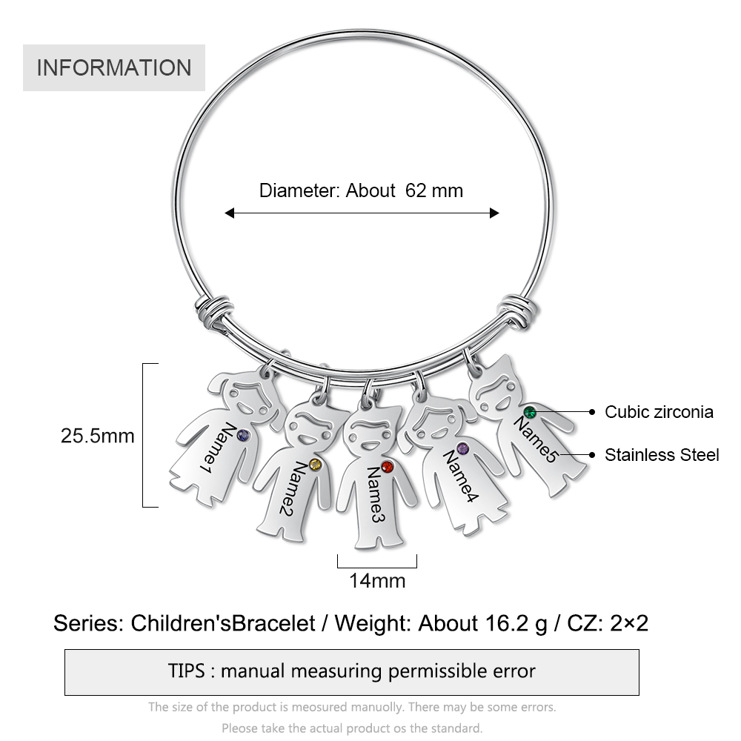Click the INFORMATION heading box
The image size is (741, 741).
tap(114, 67)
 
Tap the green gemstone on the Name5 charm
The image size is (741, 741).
tap(530, 411)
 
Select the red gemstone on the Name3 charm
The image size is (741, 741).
tap(387, 467)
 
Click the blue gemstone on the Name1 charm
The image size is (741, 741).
tap(243, 435)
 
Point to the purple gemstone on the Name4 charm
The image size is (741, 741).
tap(462, 448)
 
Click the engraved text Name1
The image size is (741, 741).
tap(216, 448)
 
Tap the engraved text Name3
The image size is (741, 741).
tap(375, 494)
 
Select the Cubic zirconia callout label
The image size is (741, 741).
tap(659, 412)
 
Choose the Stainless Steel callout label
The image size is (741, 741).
tap(662, 455)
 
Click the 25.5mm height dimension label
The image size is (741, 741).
tap(98, 436)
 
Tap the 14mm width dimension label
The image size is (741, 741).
tap(377, 581)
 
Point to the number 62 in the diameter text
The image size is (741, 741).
tap(416, 190)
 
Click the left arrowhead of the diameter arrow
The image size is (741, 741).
tap(229, 213)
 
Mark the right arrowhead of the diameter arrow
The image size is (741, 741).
tap(494, 213)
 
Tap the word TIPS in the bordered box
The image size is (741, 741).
tap(186, 671)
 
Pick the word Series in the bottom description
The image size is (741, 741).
tap(88, 623)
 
